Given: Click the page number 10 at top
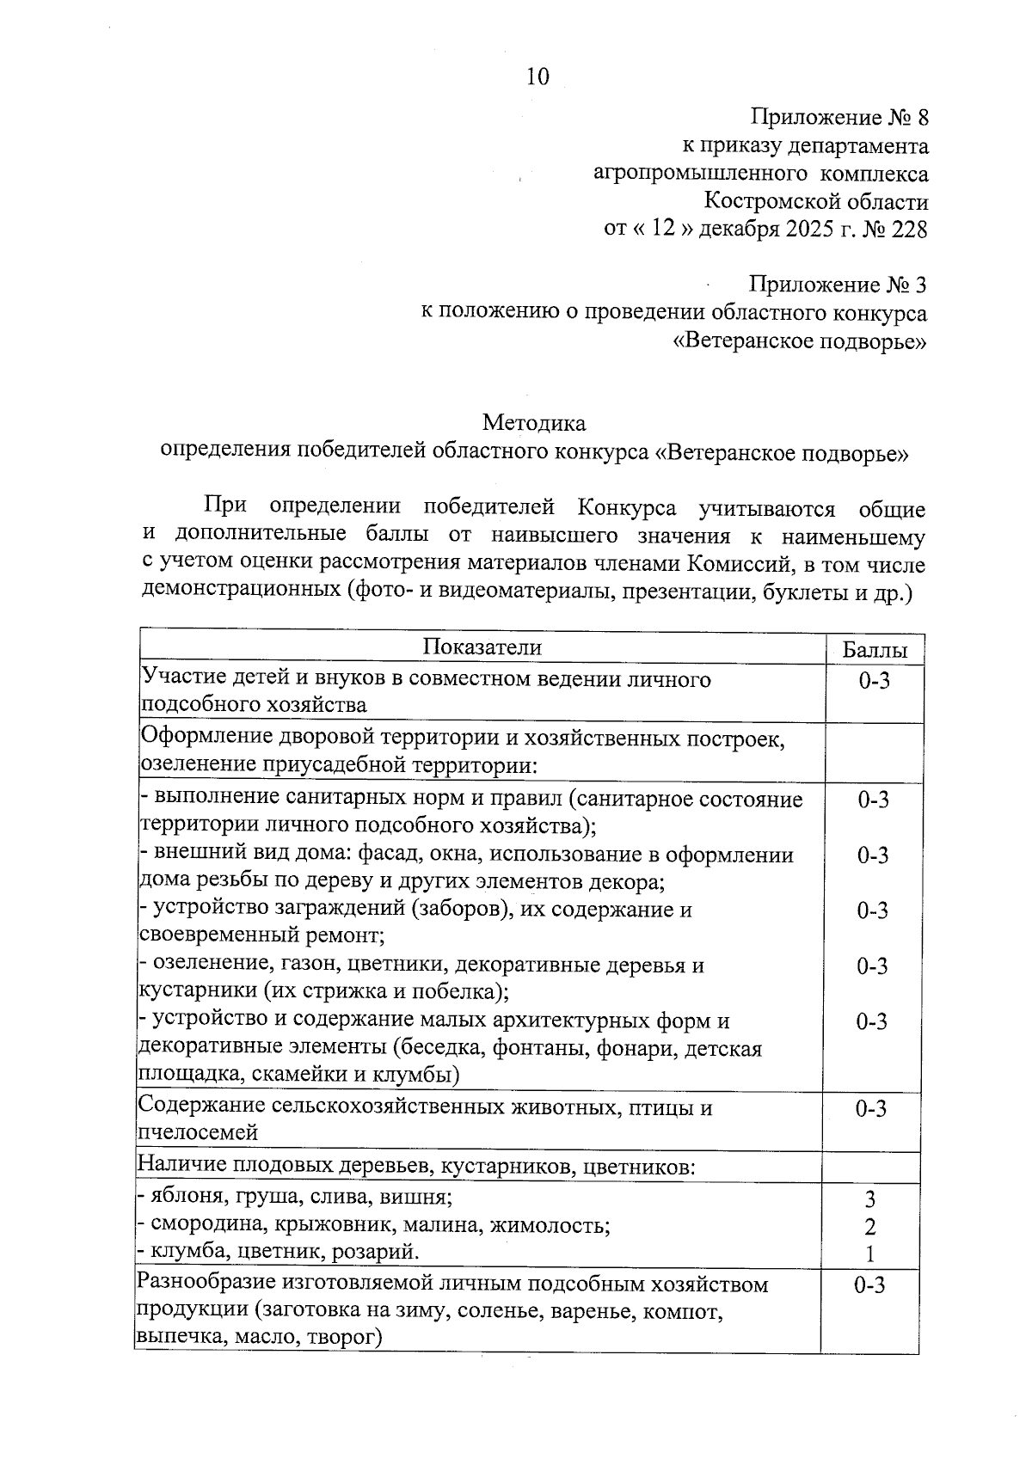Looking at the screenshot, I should pos(537,77).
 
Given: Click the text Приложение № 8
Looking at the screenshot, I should pos(839,117).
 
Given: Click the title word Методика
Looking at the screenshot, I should pos(534,423).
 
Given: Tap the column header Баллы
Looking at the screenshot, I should pos(872,651).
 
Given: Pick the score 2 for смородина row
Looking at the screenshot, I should pos(870,1227).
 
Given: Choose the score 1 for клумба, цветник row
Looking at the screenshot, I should pos(870,1254).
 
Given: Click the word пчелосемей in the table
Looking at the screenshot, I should pos(198,1132).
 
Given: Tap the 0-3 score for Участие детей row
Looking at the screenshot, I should pos(873,682).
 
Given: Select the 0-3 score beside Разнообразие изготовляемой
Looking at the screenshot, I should pos(869,1285).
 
